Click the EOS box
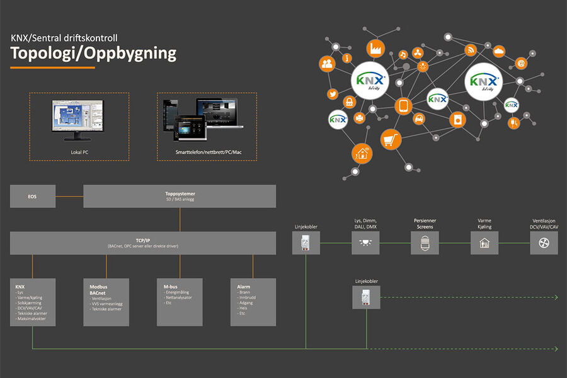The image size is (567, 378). (32, 197)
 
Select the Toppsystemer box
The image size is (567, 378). (180, 197)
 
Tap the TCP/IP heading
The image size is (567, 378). (144, 240)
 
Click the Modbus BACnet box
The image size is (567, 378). (106, 302)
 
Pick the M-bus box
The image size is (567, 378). (179, 302)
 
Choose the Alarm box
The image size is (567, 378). (252, 302)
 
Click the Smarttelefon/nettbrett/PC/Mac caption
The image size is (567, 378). (205, 153)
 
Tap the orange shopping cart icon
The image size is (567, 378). (391, 140)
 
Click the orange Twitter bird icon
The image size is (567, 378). (332, 94)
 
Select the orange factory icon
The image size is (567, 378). (377, 47)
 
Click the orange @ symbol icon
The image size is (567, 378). (521, 63)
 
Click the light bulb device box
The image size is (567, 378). (365, 243)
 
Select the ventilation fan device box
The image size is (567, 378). (544, 243)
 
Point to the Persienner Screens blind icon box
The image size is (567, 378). (425, 243)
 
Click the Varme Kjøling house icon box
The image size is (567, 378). (484, 243)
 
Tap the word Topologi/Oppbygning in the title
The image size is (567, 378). (93, 53)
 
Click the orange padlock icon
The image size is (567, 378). (348, 101)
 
